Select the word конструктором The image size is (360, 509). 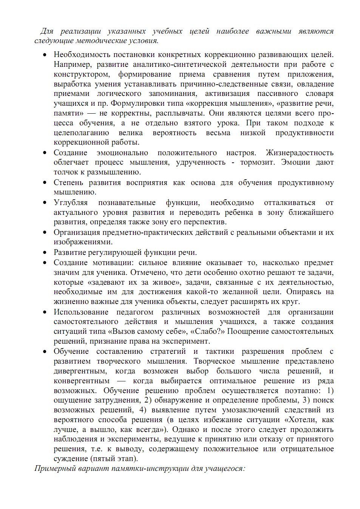pos(82,74)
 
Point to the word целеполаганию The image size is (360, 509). pos(81,133)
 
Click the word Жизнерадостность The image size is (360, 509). pos(300,153)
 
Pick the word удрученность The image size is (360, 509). pos(201,162)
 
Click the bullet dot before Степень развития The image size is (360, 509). pos(45,183)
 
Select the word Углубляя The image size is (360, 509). pos(71,203)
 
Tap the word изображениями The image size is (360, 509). pos(83,242)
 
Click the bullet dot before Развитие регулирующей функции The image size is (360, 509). pos(45,253)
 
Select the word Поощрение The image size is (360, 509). pos(247,332)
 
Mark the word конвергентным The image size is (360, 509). pos(82,381)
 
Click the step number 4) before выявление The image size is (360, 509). pos(142,410)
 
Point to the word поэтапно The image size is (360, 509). pos(303,391)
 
